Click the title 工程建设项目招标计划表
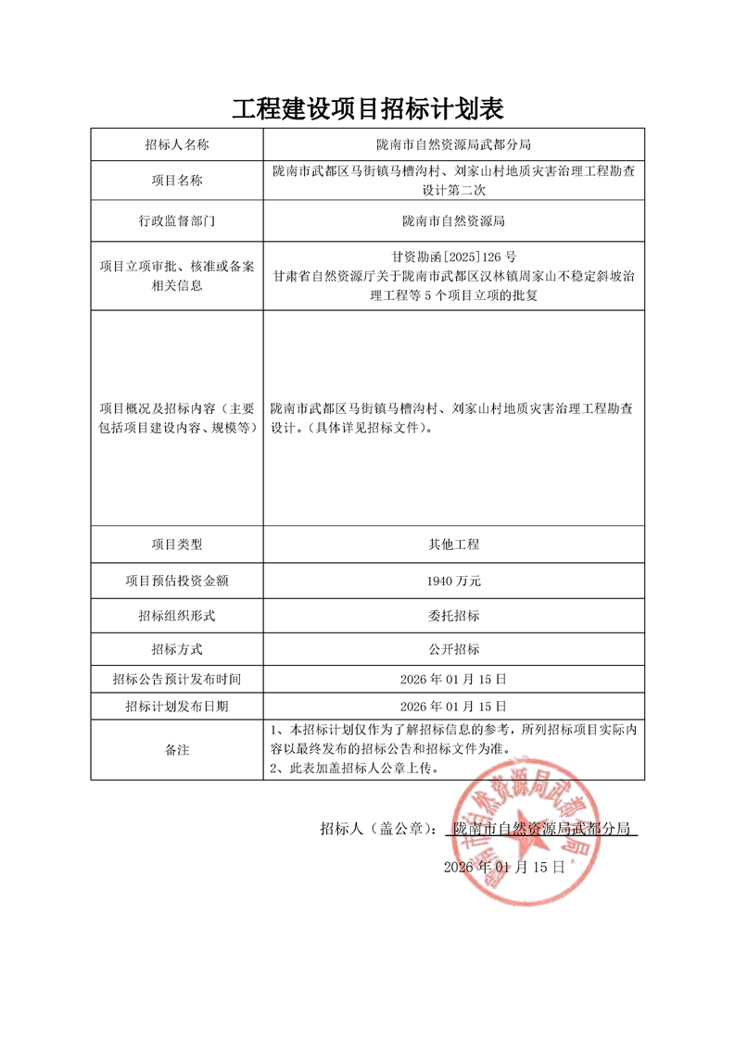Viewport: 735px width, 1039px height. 367,109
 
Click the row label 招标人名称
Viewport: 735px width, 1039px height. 176,144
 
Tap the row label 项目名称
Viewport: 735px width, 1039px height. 176,181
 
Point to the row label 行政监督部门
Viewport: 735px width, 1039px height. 176,221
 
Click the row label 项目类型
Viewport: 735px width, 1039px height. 176,545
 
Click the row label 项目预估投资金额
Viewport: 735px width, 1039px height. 176,581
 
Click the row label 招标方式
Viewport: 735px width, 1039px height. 176,649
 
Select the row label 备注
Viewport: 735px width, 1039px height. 176,749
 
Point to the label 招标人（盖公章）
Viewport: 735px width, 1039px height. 378,829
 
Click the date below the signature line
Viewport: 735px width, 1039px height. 503,867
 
